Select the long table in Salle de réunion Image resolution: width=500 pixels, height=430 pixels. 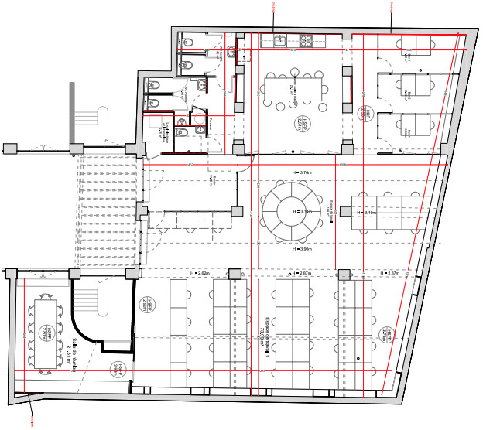[44, 333]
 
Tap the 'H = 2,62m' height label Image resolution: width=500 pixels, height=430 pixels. [200, 273]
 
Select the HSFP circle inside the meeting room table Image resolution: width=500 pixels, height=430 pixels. [44, 333]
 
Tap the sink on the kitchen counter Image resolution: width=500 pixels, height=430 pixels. [278, 39]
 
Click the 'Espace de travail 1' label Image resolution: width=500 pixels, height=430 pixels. [263, 333]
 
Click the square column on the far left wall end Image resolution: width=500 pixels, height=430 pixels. [10, 148]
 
